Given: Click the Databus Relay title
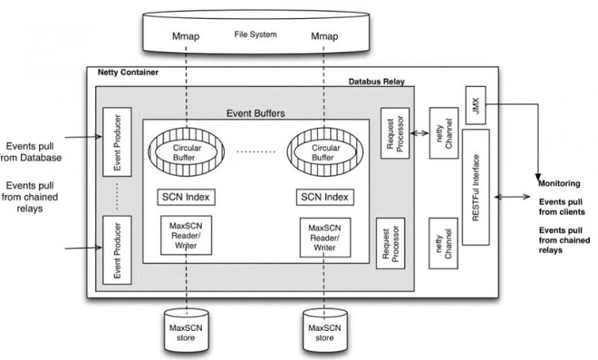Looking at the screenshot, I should [x=376, y=81].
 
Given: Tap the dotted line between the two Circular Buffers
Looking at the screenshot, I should [x=256, y=152].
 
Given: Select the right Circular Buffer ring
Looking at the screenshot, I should [x=323, y=152].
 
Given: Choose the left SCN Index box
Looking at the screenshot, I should [x=186, y=197].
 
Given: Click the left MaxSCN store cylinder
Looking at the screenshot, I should [x=187, y=327].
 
